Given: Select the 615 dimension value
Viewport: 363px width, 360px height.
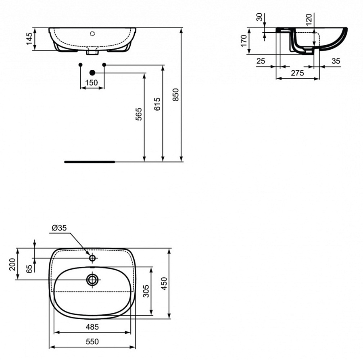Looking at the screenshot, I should pyautogui.click(x=158, y=104).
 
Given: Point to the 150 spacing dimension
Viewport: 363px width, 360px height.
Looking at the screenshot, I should pyautogui.click(x=92, y=82).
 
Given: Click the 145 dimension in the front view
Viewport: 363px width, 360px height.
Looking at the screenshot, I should pyautogui.click(x=29, y=39).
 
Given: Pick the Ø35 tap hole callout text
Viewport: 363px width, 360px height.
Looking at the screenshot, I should pyautogui.click(x=60, y=228).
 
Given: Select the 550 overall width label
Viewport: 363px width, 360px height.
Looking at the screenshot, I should pyautogui.click(x=92, y=341).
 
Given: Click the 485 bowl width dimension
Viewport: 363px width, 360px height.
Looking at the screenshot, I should pyautogui.click(x=92, y=327).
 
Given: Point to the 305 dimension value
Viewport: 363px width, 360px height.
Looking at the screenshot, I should pyautogui.click(x=146, y=291).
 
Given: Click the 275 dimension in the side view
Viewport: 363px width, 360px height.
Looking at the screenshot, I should pyautogui.click(x=297, y=73).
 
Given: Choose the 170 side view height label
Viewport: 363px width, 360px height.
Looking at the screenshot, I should pyautogui.click(x=243, y=41).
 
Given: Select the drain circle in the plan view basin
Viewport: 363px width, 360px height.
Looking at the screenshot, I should pyautogui.click(x=92, y=280).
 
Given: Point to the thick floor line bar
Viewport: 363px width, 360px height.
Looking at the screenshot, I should pyautogui.click(x=90, y=161).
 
